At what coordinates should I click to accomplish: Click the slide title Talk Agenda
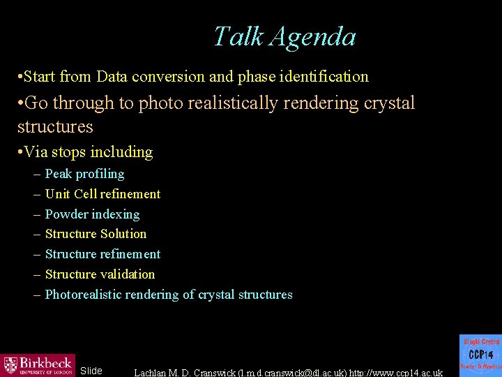coord(284,36)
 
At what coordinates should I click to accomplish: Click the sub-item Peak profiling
coord(84,174)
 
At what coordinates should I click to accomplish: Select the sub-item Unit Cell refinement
coord(102,194)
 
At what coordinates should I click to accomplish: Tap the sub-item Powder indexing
coord(92,214)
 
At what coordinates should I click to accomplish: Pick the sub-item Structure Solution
coord(96,234)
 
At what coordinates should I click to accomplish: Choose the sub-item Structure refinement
coord(102,254)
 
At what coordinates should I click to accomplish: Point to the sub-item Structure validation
coord(100,274)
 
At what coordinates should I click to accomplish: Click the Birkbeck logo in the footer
coord(38,364)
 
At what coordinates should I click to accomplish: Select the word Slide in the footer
coord(91,371)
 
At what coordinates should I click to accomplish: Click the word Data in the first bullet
coord(112,76)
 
